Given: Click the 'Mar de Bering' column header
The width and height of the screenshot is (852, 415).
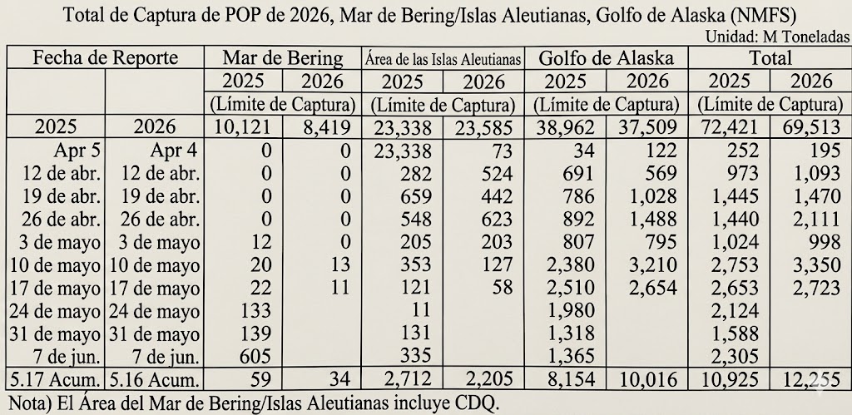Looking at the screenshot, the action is (x=283, y=57).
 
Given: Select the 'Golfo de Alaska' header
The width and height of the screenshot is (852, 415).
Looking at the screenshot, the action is (x=606, y=57).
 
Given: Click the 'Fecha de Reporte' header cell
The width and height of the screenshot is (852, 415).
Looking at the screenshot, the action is (x=106, y=57).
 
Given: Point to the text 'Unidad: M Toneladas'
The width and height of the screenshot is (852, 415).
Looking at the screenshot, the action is (x=777, y=37).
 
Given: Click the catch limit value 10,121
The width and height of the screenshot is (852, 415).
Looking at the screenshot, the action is (x=243, y=127).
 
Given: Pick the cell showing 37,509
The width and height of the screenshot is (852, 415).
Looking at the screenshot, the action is (x=647, y=127).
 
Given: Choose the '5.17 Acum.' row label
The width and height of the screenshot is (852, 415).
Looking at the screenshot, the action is (x=53, y=379).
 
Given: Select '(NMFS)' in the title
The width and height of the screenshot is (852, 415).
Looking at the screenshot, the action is (x=763, y=15).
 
